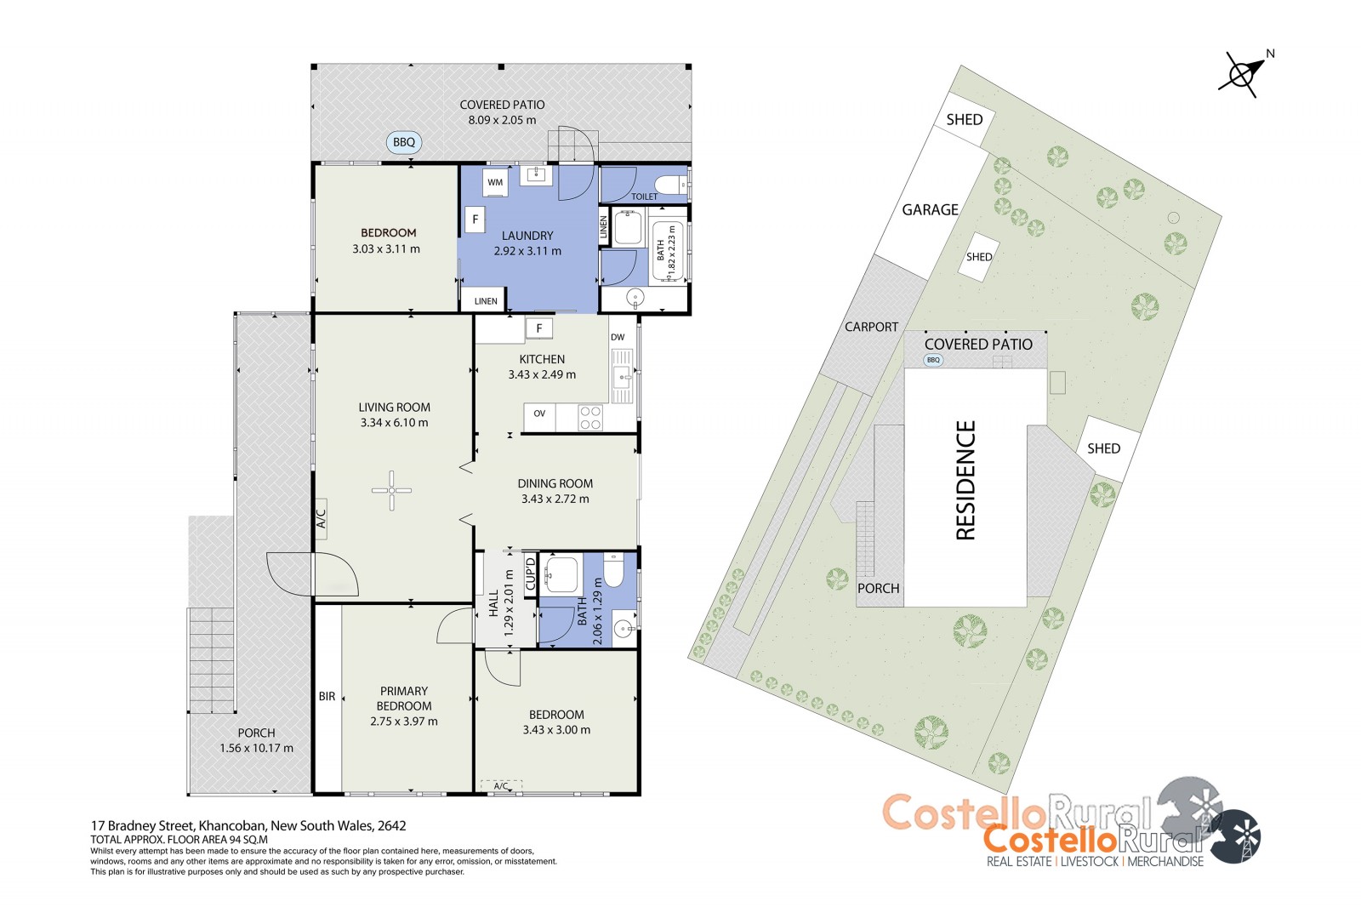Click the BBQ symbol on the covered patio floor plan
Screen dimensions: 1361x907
(x=404, y=142)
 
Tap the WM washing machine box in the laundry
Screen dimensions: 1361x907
(x=495, y=182)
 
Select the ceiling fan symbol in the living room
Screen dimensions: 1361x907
(x=392, y=490)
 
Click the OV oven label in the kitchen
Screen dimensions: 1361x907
(x=539, y=414)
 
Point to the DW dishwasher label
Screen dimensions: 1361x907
(x=618, y=337)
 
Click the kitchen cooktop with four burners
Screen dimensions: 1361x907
(x=590, y=418)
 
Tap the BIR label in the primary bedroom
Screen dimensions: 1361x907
(x=327, y=696)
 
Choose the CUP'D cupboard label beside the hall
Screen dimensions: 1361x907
(x=530, y=573)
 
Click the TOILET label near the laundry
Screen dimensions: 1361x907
(x=644, y=197)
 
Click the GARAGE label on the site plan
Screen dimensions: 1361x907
(x=930, y=209)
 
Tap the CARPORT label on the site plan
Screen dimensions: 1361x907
(x=871, y=327)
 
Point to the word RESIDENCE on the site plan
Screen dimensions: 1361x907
(x=965, y=480)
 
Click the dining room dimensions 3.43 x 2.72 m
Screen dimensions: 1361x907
(x=555, y=499)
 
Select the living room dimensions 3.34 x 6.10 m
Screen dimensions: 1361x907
(x=395, y=423)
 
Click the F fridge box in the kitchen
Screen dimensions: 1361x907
(x=539, y=329)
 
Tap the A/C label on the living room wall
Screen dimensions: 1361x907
(x=321, y=518)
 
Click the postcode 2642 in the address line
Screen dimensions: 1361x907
(x=392, y=825)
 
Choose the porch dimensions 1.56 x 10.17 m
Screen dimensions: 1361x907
(x=256, y=749)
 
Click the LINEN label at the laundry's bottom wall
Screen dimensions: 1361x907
(x=486, y=301)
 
